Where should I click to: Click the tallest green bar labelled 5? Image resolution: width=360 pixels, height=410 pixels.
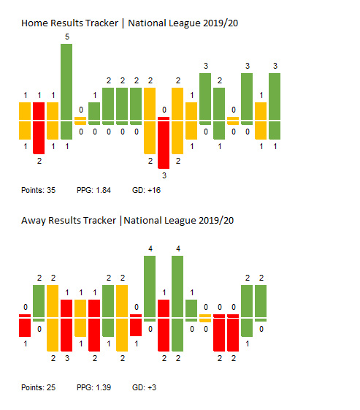(x=66, y=91)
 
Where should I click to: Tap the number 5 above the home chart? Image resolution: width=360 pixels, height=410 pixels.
(x=67, y=37)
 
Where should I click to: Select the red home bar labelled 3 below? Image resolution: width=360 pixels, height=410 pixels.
(x=164, y=143)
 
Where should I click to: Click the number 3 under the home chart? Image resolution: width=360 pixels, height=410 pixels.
(x=164, y=175)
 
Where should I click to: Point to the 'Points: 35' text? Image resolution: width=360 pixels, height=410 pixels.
(x=39, y=190)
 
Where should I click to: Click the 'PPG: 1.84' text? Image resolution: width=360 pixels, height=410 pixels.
(x=93, y=190)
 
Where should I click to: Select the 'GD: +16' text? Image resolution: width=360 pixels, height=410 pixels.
(x=146, y=190)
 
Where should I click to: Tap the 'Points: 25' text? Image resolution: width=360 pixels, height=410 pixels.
(x=39, y=387)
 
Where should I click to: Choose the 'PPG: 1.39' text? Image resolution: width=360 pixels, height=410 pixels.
(x=93, y=387)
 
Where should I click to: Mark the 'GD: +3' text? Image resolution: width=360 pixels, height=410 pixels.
(x=144, y=387)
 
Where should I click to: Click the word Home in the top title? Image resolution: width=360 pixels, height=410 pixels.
(x=34, y=23)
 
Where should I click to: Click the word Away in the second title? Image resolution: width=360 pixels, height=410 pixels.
(x=34, y=221)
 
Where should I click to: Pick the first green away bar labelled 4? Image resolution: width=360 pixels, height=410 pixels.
(x=150, y=289)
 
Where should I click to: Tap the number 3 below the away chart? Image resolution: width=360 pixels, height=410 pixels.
(x=67, y=358)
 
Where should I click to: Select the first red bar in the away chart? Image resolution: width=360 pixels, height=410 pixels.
(x=25, y=325)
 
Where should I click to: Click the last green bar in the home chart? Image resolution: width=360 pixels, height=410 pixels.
(x=275, y=106)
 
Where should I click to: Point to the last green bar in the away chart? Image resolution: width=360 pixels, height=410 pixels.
(x=261, y=303)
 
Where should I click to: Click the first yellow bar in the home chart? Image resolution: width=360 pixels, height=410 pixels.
(x=25, y=121)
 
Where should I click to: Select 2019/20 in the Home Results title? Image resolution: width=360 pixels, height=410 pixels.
(x=221, y=23)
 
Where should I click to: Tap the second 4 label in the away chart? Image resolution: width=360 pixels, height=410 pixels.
(x=178, y=248)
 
